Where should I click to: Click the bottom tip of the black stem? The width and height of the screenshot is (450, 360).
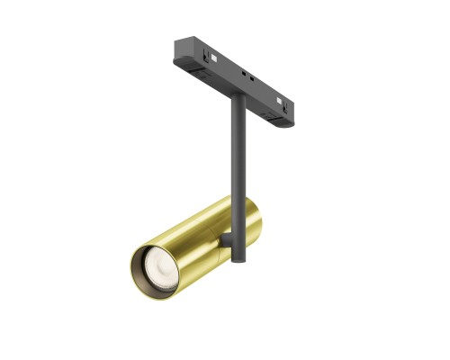pos(238,261)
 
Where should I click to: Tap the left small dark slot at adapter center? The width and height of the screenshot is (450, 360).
pos(243,72)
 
